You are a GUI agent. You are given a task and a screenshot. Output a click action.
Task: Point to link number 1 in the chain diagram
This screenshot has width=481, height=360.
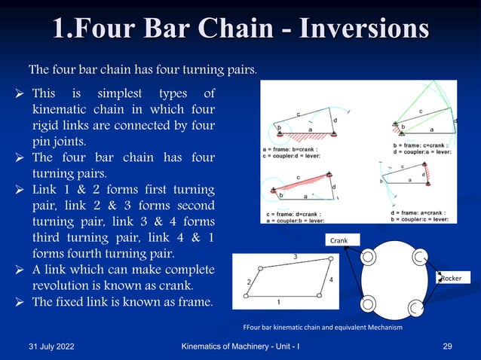point(278,301)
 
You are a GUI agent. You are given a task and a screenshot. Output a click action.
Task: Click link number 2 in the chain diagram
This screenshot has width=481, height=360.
point(249,282)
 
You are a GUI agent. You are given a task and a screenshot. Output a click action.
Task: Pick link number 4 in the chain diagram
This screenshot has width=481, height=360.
point(331,279)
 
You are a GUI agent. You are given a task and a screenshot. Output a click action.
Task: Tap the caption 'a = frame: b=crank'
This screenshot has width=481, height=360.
point(293,150)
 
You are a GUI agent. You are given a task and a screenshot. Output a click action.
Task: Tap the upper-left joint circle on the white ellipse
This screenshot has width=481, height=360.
point(369,257)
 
